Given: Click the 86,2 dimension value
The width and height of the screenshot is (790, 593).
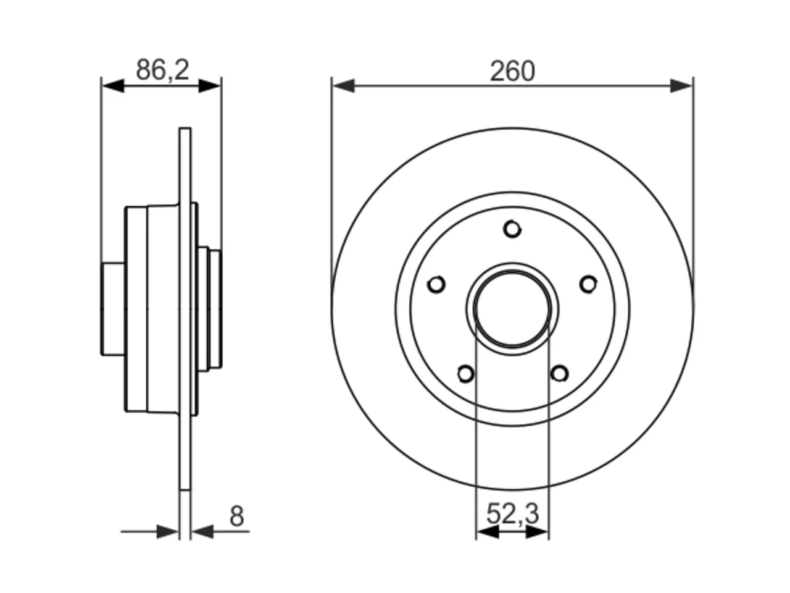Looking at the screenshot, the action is pos(163,70).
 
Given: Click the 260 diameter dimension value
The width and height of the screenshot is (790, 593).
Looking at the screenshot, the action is pos(512,71).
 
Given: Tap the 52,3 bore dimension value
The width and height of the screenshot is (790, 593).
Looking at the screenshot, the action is pos(512,514).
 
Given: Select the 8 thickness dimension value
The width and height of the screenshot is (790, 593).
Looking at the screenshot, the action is pos(237,516).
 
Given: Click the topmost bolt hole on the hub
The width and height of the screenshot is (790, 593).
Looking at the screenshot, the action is pos(512,229).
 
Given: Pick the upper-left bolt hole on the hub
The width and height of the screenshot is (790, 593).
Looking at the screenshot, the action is pos(436,284).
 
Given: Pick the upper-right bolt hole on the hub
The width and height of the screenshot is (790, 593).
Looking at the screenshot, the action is pos(588,284).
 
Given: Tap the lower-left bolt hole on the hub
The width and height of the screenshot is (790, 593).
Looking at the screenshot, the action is pos(466,374).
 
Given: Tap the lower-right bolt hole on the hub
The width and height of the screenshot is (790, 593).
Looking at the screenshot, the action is pos(559,374).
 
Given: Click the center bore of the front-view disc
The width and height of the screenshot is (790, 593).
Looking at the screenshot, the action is pos(512,309).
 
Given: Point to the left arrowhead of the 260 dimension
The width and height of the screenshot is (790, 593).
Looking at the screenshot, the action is pos(343,86).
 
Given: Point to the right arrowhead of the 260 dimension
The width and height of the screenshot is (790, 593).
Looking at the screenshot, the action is pos(681,86).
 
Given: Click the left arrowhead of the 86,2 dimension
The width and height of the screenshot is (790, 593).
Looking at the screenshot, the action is pos(114,86).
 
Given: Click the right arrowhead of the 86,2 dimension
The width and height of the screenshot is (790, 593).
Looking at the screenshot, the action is pos(209,86).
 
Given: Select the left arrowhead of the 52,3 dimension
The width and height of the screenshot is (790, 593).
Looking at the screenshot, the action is pos(488,531).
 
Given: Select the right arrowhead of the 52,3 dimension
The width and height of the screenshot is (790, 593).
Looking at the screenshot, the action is pos(537,531).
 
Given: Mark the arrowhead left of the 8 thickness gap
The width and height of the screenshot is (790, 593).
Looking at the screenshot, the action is pos(168,531).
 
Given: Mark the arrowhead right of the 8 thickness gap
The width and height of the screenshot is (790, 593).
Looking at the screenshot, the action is pos(202,531).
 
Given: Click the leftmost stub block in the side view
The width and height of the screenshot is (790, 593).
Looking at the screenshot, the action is pos(113,309).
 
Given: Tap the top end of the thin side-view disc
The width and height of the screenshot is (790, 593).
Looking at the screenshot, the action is pos(185,128).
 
